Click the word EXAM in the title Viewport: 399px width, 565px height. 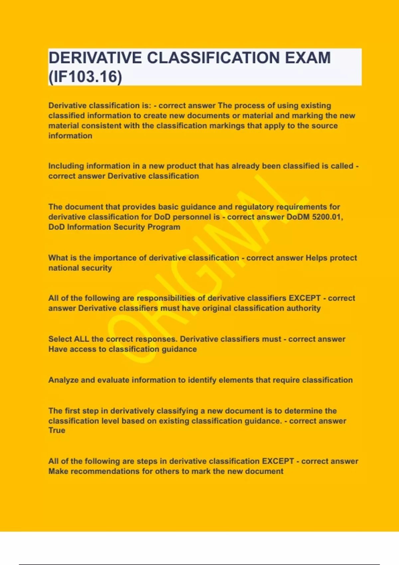(x=307, y=58)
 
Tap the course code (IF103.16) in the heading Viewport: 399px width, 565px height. (x=85, y=77)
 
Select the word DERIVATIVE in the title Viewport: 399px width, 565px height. (x=95, y=58)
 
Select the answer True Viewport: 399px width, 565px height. (x=57, y=430)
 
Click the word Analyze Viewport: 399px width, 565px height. (x=64, y=380)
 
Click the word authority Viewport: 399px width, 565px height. (x=303, y=308)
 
